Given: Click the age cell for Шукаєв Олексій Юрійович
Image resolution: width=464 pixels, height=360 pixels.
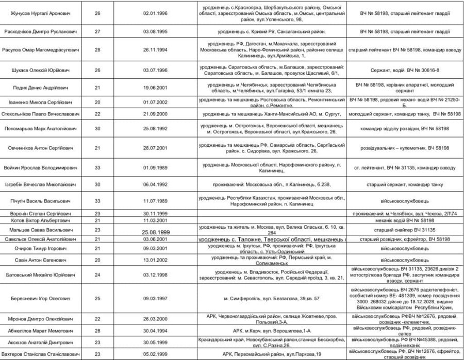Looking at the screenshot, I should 98,70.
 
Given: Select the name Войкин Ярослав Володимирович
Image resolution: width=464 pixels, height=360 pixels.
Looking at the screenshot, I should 41,168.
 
